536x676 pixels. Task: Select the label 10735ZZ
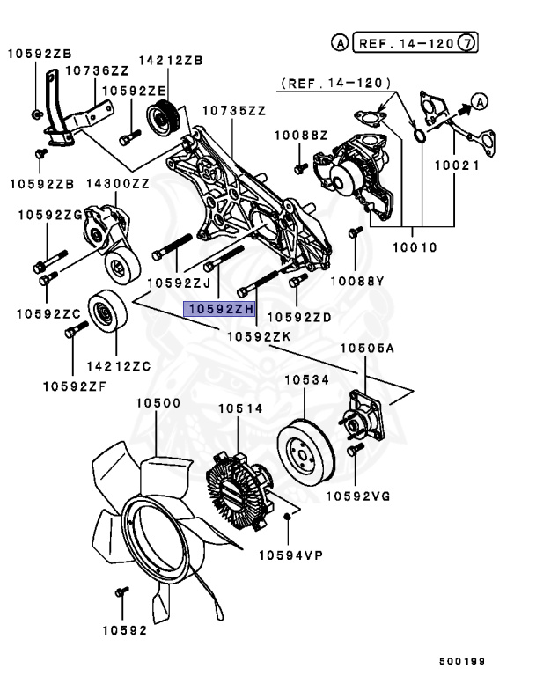233,111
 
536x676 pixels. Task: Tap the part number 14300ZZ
117,183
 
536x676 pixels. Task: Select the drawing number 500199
462,660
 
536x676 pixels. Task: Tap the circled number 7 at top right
470,41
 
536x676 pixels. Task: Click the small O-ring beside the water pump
421,135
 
